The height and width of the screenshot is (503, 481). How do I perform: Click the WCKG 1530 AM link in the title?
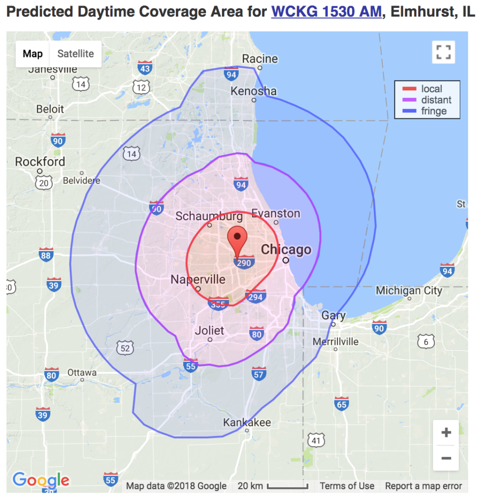tap(326, 12)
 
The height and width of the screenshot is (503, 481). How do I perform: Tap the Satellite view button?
tap(75, 54)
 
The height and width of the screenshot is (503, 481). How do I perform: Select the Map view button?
tap(32, 54)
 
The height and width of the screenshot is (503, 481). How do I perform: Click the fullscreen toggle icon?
tap(443, 52)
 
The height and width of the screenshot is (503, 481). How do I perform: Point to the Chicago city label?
tap(286, 250)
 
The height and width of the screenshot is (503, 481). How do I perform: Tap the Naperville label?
tap(198, 280)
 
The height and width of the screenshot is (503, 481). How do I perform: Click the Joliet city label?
tap(210, 331)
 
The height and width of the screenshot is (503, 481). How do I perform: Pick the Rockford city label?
tap(40, 162)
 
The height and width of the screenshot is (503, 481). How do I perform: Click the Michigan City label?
tap(409, 291)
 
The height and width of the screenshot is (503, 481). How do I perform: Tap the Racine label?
tap(260, 59)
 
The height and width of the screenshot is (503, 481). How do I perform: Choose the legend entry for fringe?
tap(433, 111)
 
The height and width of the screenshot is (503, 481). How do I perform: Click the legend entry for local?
tap(431, 89)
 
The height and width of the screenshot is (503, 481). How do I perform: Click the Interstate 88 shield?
tap(46, 254)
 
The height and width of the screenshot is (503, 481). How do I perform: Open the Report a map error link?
tap(423, 486)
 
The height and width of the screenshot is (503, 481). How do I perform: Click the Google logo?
tap(41, 480)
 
